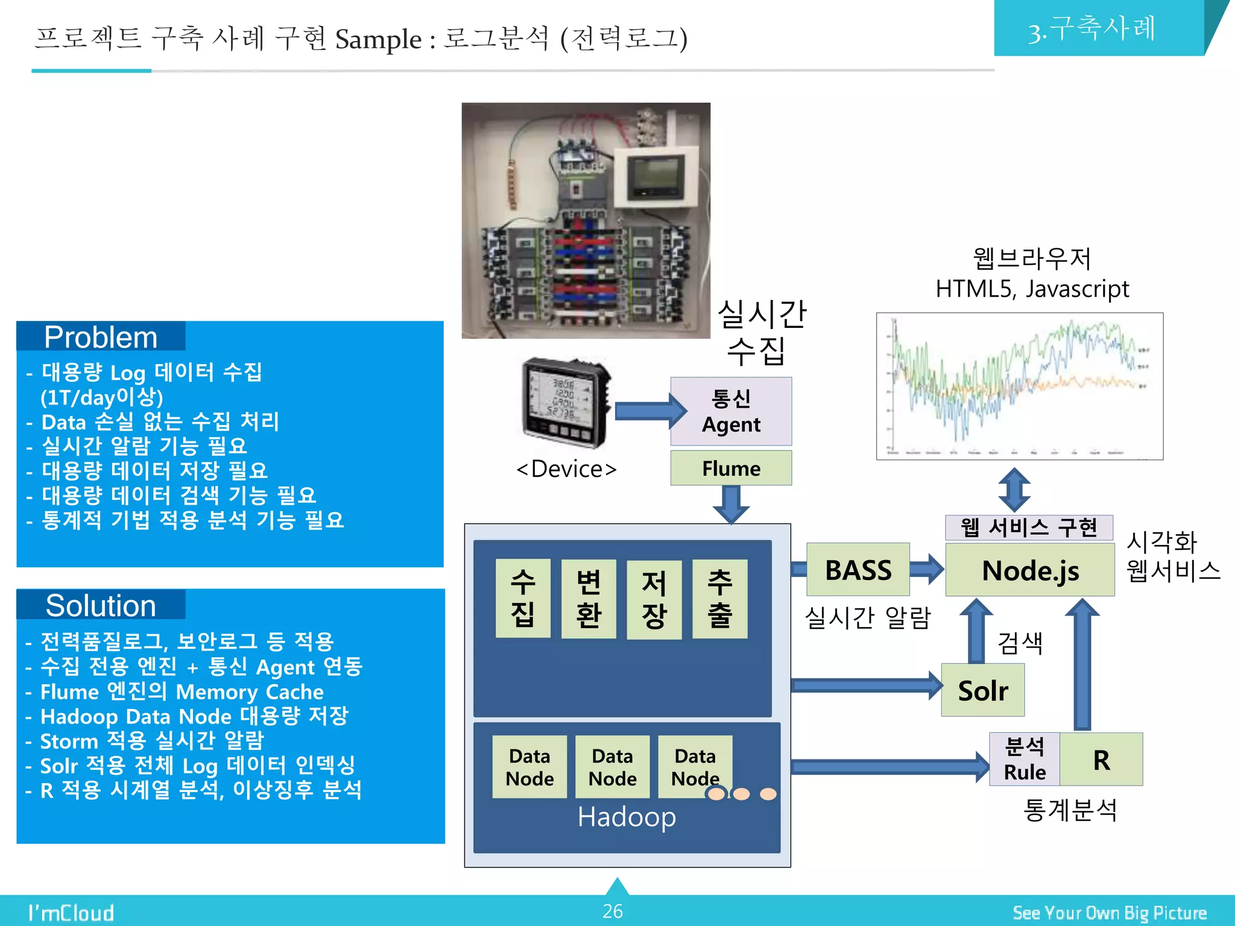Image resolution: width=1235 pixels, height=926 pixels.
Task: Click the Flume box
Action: click(x=731, y=468)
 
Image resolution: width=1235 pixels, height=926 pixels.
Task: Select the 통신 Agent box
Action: click(x=731, y=411)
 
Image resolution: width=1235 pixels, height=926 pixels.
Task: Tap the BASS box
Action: click(x=858, y=570)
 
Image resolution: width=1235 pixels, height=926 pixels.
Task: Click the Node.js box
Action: click(x=1029, y=570)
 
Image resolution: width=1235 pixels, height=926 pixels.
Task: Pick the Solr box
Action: click(x=982, y=690)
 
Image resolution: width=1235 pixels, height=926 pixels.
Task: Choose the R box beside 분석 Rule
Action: click(x=1101, y=760)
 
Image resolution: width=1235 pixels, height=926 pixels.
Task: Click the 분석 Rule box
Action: click(x=1024, y=760)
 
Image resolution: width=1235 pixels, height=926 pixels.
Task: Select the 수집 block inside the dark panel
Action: click(x=522, y=599)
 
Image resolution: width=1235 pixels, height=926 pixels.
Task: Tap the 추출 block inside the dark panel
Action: click(x=719, y=599)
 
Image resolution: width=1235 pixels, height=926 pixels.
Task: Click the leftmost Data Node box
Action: click(x=529, y=767)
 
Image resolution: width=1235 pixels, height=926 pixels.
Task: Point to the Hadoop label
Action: click(x=626, y=817)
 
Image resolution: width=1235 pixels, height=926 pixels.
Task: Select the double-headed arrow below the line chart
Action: click(x=1014, y=490)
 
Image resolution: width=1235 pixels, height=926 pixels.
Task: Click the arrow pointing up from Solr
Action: click(x=976, y=631)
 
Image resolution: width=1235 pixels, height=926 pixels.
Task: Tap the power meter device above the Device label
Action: click(x=566, y=403)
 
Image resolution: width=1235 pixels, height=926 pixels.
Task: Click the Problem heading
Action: click(x=101, y=337)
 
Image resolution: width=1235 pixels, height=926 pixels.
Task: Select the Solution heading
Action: click(x=101, y=605)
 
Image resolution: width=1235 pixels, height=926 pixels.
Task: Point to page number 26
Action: click(x=612, y=911)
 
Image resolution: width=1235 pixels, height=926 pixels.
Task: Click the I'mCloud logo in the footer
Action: click(x=71, y=913)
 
